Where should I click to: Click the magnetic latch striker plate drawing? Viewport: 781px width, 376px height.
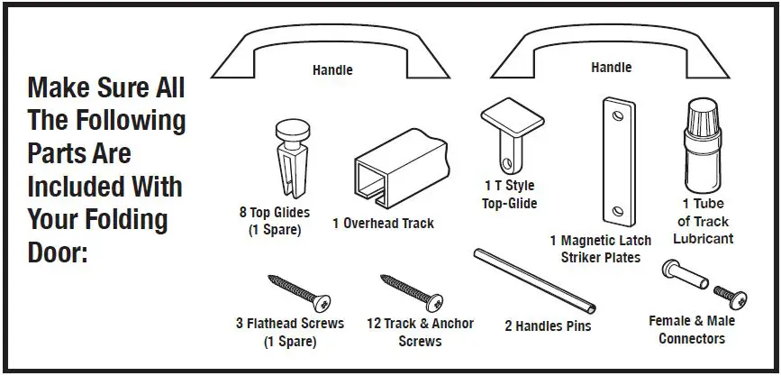click(616, 162)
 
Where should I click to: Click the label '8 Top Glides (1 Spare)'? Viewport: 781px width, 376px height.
click(274, 222)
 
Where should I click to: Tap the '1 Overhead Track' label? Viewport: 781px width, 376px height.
click(383, 224)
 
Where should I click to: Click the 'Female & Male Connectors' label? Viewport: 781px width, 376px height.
click(691, 329)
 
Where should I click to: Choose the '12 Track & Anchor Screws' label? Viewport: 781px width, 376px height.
click(420, 333)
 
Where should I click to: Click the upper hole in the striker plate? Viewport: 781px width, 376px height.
click(615, 115)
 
